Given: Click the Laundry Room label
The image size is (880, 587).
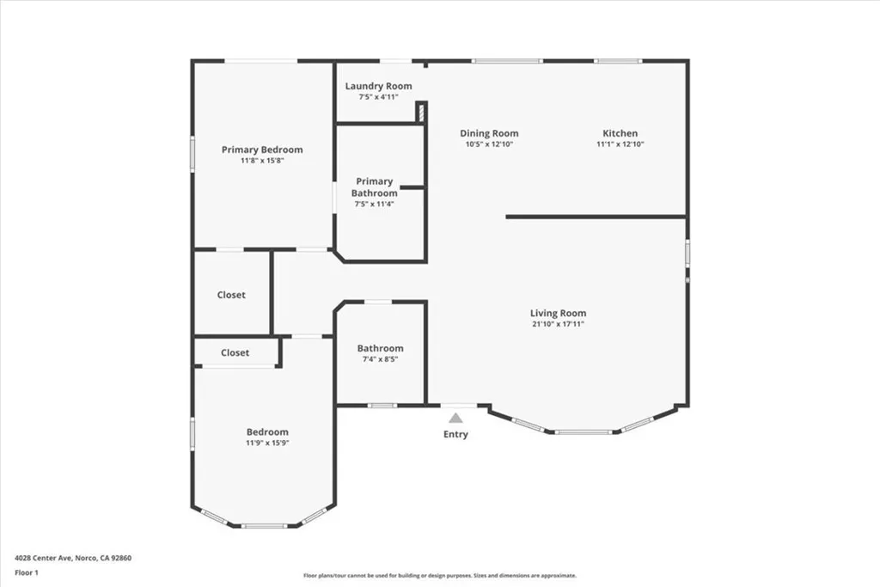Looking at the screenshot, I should pos(378,86).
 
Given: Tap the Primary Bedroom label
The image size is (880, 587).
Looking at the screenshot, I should pos(262,150).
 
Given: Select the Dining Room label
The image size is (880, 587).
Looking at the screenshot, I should pos(489,133).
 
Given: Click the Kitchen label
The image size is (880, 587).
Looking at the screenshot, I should pos(620,133).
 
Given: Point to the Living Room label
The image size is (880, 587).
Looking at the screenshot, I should pos(558,313).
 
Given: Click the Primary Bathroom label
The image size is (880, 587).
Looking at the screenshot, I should pos(374,187).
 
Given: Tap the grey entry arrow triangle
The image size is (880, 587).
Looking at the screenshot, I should pos(455,418).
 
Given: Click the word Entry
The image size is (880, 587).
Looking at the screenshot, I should pos(455,435).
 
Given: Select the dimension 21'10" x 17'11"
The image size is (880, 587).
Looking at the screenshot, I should pos(558,325).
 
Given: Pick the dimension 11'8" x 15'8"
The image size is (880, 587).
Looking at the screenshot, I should pos(262,161).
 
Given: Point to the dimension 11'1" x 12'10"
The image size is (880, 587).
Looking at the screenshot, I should pos(620,144).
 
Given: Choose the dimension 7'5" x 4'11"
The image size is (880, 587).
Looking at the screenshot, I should pos(378,97).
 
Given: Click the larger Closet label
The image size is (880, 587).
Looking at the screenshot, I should pos(231,295).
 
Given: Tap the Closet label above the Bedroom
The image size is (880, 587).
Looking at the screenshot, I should pos(235,352).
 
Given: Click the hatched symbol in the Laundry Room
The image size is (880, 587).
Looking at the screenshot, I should pos(421,113).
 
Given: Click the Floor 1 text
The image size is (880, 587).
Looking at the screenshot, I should pos(27,572).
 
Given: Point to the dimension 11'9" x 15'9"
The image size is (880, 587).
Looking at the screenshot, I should pos(267,443).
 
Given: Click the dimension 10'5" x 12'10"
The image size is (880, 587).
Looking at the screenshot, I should pos(489,144).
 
